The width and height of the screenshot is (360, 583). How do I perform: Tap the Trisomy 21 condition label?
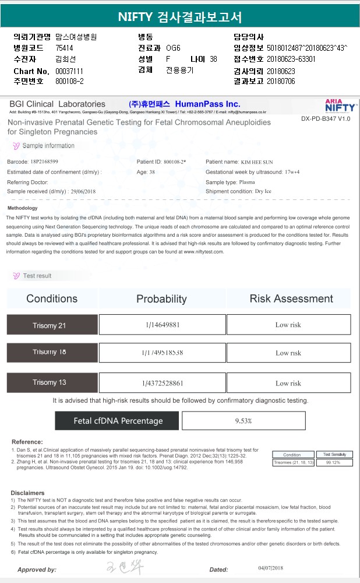[x=52, y=325]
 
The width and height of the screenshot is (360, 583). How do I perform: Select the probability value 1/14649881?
[x=163, y=325]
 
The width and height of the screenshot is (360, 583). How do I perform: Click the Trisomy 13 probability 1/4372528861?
[x=163, y=383]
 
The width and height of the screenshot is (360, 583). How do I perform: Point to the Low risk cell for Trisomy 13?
[x=288, y=383]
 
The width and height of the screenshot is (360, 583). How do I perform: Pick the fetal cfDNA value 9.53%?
[x=243, y=420]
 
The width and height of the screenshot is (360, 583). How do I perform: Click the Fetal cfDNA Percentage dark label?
[x=118, y=421]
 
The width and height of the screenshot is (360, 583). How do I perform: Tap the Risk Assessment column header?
[x=291, y=298]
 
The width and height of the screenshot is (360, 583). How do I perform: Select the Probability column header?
[x=161, y=298]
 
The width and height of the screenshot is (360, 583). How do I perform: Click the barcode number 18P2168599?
[x=44, y=161]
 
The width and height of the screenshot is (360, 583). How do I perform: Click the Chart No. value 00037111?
[x=69, y=71]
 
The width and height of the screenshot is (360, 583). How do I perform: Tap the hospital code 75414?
[x=65, y=48]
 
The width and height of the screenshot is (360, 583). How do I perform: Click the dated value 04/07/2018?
[x=270, y=568]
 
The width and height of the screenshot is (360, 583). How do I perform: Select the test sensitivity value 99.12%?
[x=333, y=462]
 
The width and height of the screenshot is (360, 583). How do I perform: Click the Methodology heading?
[x=23, y=208]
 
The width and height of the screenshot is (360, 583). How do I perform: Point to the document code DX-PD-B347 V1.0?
[x=326, y=118]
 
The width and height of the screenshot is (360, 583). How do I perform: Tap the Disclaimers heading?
[x=27, y=493]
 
